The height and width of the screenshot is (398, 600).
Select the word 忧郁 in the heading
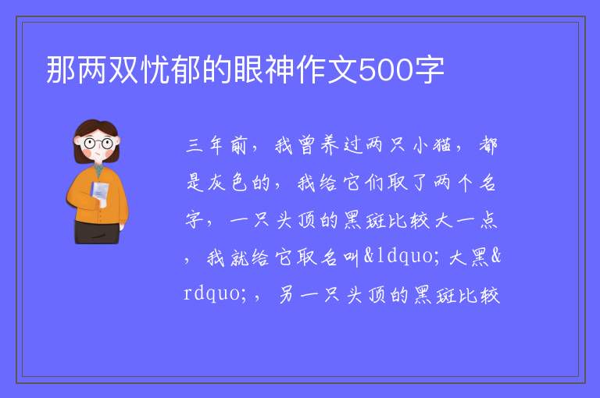pos(171,69)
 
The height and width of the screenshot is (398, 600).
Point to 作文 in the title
pos(327,69)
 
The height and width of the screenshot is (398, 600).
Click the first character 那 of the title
pos(61,69)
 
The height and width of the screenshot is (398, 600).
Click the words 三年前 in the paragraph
pos(216,146)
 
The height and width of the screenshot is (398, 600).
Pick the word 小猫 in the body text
pos(432,146)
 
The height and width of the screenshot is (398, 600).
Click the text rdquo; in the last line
pos(215,293)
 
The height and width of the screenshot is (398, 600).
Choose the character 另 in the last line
pos(286,295)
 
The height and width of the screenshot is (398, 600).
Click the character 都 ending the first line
pos(487,145)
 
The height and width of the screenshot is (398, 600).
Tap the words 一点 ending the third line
pos(477,221)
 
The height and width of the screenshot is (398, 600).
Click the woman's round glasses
pos(98,144)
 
